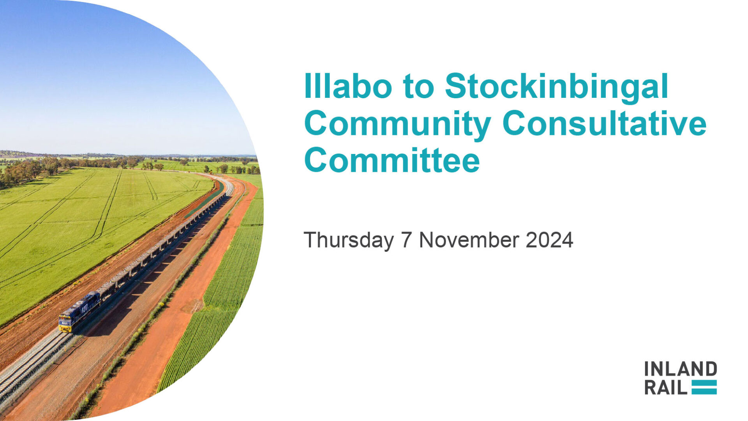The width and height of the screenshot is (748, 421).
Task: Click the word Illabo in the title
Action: [348, 86]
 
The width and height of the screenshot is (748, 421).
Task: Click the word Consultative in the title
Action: [604, 123]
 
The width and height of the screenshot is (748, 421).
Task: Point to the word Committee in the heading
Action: [392, 160]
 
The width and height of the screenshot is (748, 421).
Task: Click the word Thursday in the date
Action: [349, 240]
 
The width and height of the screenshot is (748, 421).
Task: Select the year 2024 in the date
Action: [549, 240]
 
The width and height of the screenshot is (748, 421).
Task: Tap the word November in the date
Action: [469, 240]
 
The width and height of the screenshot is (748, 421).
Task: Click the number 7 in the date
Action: [406, 240]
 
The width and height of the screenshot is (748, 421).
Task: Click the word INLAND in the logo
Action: [680, 368]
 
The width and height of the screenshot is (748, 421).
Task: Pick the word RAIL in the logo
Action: [666, 387]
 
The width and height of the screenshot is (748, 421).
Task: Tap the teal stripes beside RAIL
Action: [704, 387]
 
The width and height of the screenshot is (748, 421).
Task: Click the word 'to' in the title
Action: [418, 86]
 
